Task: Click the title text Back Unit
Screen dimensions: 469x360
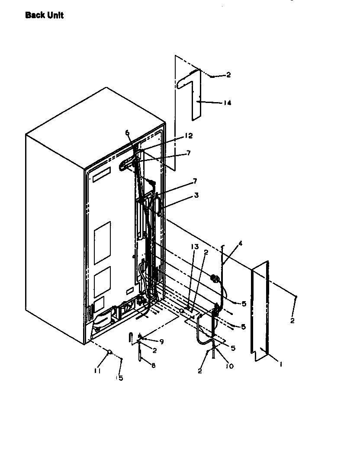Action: pos(44,16)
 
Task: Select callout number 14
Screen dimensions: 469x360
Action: pos(228,103)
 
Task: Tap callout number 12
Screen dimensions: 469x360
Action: pos(188,136)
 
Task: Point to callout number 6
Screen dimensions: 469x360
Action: pos(128,133)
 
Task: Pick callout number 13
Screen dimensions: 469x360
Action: pos(195,247)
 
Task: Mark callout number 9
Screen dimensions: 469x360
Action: pos(161,342)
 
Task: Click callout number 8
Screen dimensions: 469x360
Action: pos(153,365)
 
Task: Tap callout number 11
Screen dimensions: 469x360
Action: pos(98,371)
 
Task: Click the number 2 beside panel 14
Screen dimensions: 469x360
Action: pos(228,75)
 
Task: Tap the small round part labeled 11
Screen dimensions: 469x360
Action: pos(109,352)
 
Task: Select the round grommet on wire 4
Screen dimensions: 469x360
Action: pos(213,277)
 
